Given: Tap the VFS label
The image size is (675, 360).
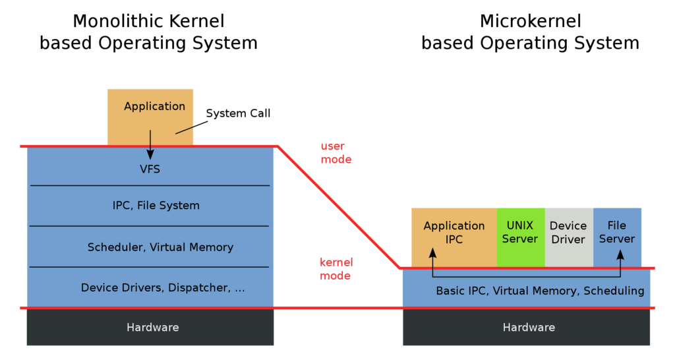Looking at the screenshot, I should tap(150, 169).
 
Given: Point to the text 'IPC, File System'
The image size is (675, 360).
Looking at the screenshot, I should tap(156, 206).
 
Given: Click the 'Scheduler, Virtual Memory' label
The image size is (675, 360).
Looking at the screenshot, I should tap(160, 247).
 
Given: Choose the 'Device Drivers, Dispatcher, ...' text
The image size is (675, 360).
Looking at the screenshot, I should tap(163, 287).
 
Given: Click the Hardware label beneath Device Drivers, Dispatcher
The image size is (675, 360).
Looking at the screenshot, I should tap(152, 327).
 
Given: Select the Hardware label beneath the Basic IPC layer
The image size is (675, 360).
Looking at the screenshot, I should tap(529, 327).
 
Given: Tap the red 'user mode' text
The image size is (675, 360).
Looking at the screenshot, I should tap(336, 153).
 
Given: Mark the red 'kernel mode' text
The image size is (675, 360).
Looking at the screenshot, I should tap(336, 269).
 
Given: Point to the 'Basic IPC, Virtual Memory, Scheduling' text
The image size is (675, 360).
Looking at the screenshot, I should tap(540, 291).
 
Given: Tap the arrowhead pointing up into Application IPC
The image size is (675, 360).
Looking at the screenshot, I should tap(432, 253).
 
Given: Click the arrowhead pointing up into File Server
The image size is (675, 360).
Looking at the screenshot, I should tap(620, 253).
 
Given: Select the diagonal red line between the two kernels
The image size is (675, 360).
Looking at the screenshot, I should tap(338, 207).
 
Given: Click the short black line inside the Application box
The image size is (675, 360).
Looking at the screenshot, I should tap(185, 130).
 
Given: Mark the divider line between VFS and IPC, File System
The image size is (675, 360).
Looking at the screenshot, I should tap(150, 186).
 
